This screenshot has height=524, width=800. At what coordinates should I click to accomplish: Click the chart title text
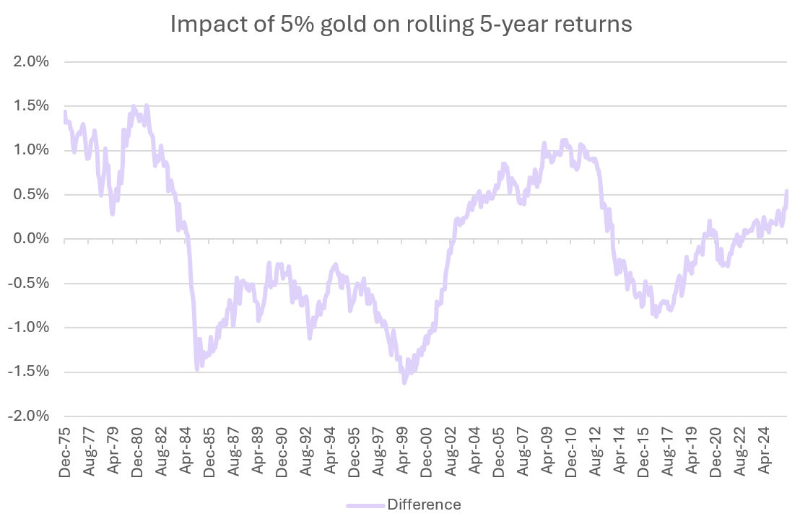(x=401, y=25)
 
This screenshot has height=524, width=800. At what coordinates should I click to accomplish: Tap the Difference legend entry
(x=424, y=504)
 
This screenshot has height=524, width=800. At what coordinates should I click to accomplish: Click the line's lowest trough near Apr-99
(x=404, y=383)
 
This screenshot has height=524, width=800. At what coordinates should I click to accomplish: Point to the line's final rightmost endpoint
(x=786, y=191)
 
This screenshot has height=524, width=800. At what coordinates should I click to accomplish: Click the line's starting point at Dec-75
(x=65, y=113)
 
